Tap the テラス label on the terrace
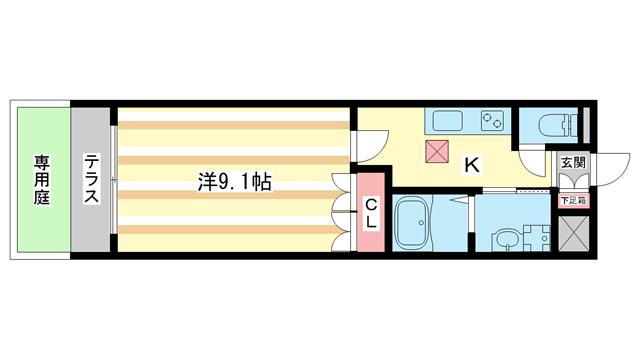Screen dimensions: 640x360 [91, 179]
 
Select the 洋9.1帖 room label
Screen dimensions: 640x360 [234, 182]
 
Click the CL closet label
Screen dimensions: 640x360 [369, 213]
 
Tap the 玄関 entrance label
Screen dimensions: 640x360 [573, 162]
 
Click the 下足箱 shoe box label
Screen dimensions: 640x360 [573, 200]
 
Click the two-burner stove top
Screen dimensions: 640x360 [492, 121]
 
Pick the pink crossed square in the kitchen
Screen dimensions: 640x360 [437, 151]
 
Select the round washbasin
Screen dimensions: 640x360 [505, 239]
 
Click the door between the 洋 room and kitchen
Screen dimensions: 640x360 [365, 145]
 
